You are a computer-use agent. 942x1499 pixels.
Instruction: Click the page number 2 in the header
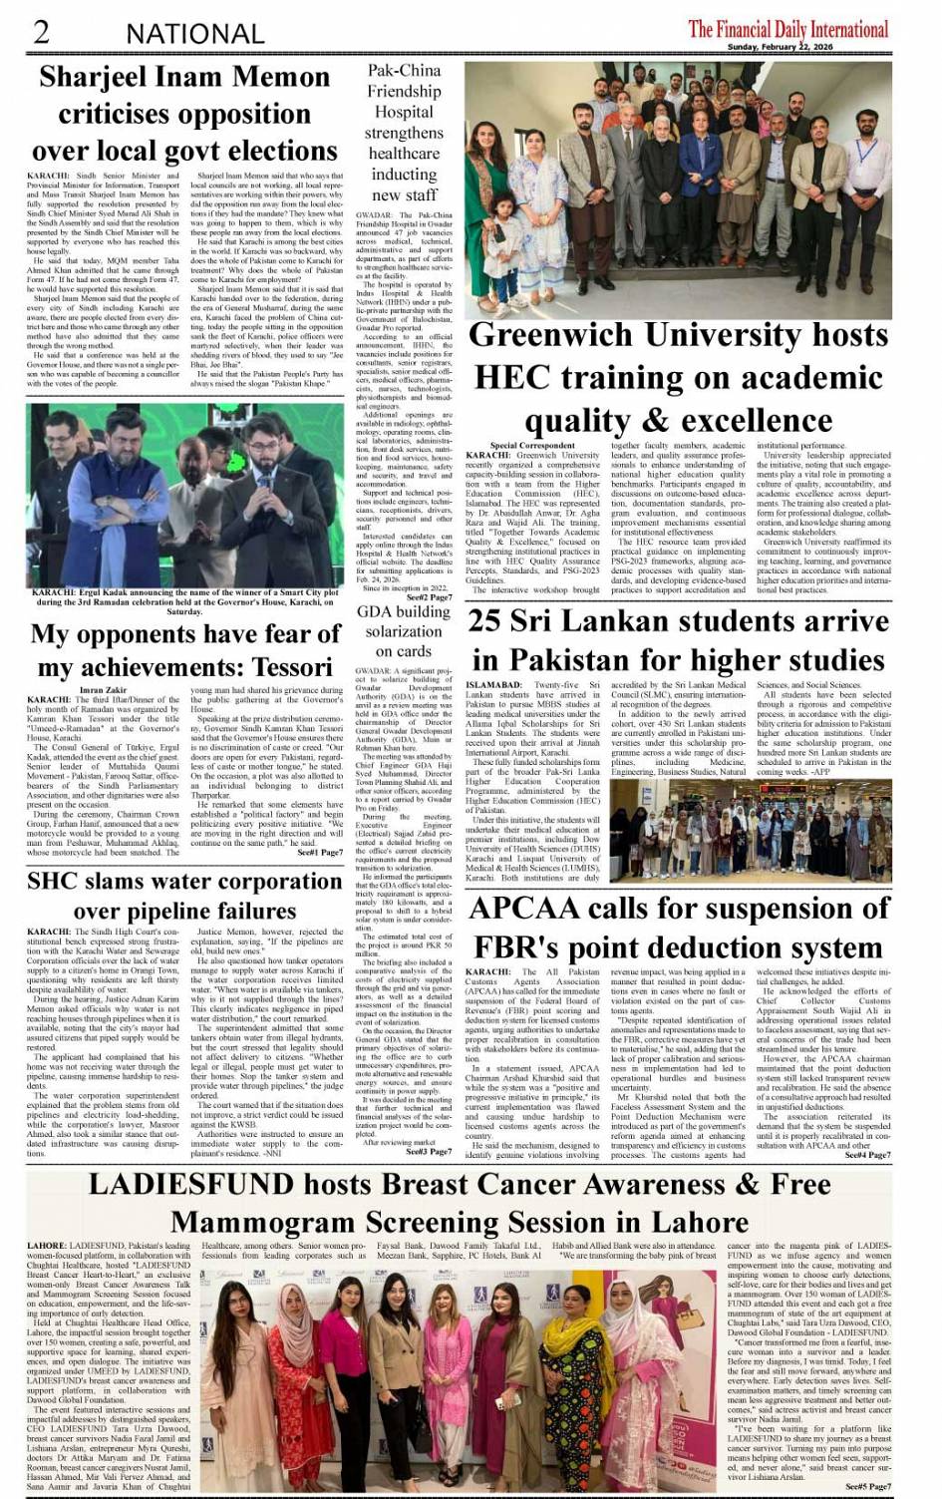pyautogui.click(x=41, y=32)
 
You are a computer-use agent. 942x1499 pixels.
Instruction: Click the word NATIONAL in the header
pyautogui.click(x=194, y=34)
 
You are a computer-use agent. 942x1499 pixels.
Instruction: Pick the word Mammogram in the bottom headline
pyautogui.click(x=248, y=1223)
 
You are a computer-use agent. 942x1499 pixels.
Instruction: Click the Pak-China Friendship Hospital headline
pyautogui.click(x=404, y=133)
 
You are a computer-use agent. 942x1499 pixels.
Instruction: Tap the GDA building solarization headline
pyautogui.click(x=404, y=631)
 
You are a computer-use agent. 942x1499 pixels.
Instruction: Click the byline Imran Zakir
pyautogui.click(x=103, y=690)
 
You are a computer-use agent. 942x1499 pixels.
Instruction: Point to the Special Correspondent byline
pyautogui.click(x=532, y=445)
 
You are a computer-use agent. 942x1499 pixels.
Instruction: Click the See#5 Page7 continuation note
pyautogui.click(x=866, y=1486)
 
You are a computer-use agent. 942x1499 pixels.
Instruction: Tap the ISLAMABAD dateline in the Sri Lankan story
pyautogui.click(x=493, y=686)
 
